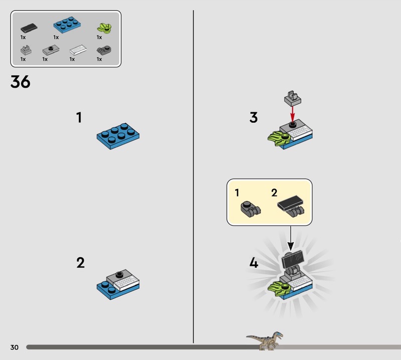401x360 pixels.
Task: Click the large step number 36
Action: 20,82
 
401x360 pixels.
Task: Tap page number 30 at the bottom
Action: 15,347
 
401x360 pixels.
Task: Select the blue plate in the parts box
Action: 67,25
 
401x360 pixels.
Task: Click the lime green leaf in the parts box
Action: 104,28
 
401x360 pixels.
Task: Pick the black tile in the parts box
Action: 29,28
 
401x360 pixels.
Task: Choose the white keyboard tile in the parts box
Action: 78,50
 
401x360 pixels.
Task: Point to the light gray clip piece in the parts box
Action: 26,50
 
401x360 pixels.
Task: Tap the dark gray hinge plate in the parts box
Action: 104,50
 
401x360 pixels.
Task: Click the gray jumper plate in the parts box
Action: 51,50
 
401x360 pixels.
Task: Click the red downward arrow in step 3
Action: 293,114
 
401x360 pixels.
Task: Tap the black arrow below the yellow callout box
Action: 291,238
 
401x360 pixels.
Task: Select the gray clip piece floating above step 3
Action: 293,98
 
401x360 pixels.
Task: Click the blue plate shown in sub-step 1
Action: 118,136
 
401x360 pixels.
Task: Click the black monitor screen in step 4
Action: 293,259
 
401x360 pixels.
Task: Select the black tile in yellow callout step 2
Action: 290,203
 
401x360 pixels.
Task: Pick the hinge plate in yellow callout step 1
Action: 250,209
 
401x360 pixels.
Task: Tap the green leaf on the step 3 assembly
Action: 279,138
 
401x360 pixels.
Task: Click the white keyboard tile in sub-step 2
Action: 126,283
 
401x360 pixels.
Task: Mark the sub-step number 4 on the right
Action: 254,263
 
